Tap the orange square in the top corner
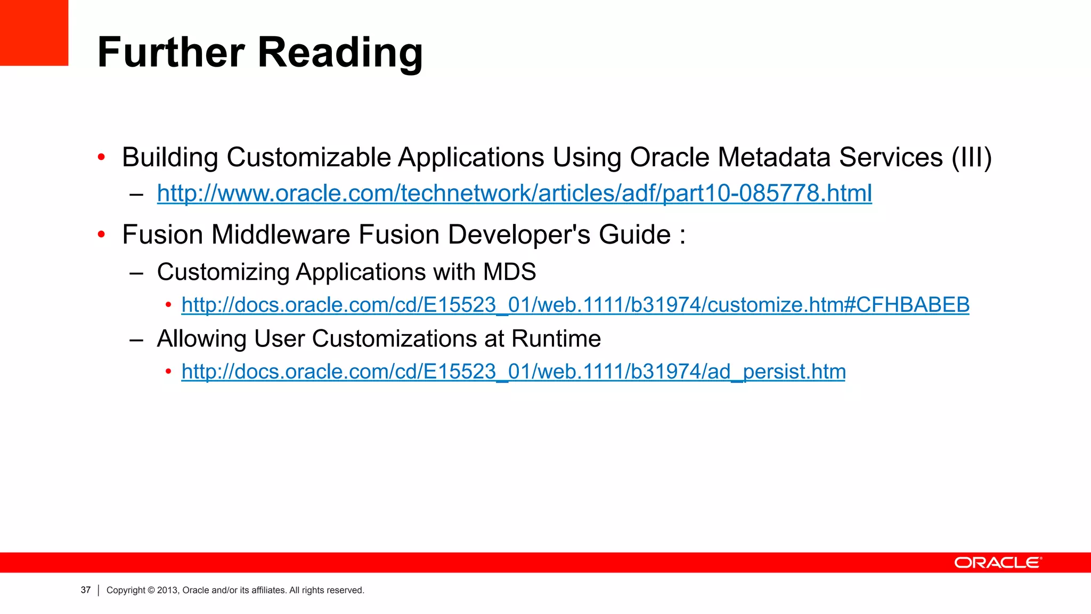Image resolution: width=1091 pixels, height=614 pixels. pos(34,32)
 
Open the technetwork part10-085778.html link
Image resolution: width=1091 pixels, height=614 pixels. pos(514,193)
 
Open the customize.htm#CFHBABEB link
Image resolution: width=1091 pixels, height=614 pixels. pos(575,305)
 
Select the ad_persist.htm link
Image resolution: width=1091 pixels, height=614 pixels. pos(513,371)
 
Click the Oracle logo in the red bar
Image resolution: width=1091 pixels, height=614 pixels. pos(997,563)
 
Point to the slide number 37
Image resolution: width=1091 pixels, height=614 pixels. pos(86,590)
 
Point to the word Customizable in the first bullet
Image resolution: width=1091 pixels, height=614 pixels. pos(309,158)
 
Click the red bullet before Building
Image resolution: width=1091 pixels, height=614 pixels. pos(101,157)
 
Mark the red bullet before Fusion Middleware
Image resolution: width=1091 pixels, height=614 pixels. pos(101,235)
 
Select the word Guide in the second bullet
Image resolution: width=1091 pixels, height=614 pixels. pos(634,235)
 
